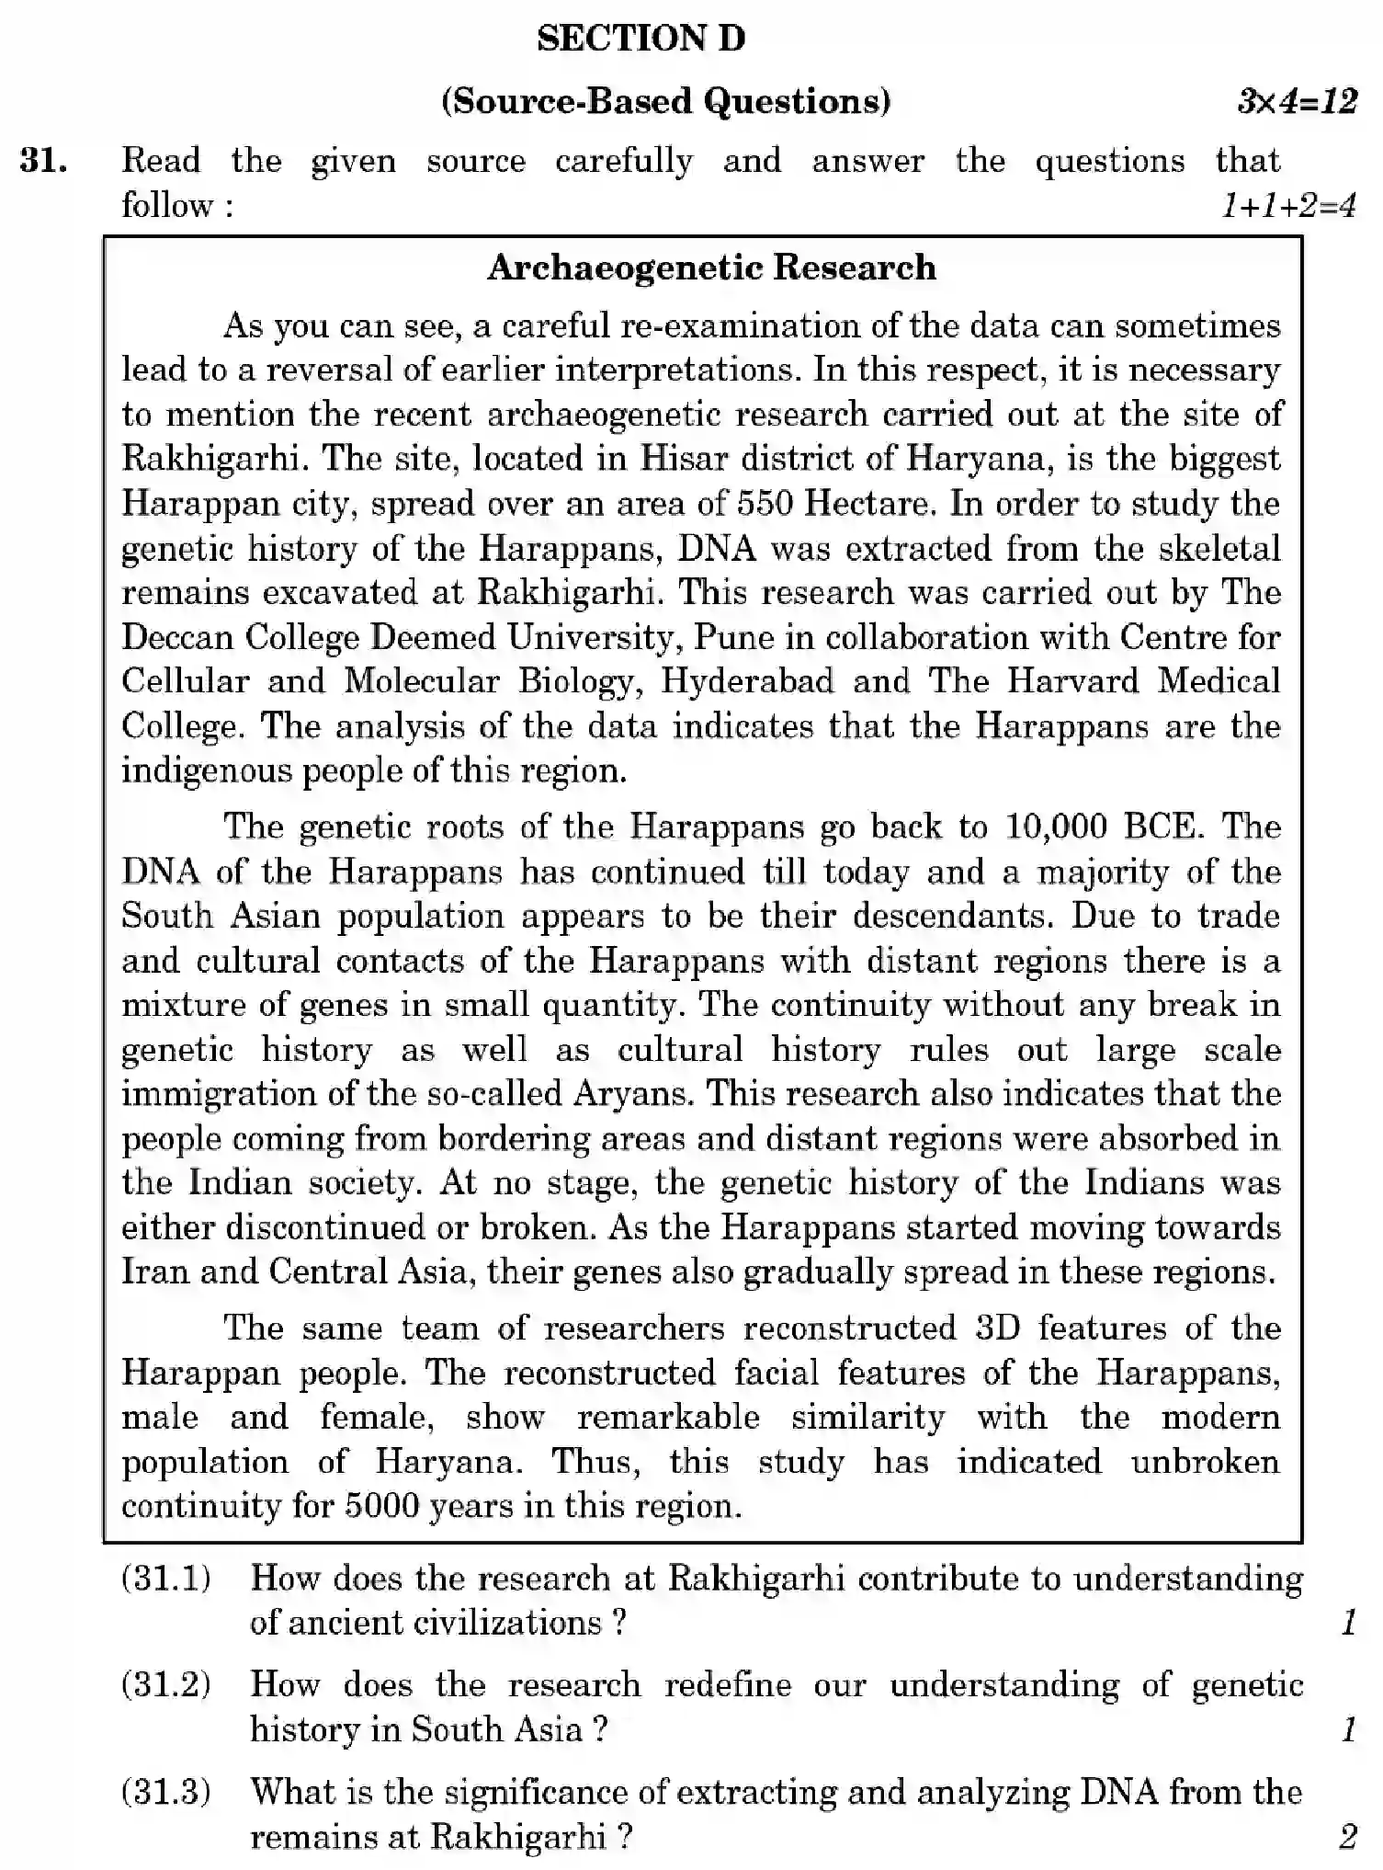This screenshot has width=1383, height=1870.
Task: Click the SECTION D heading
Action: click(640, 39)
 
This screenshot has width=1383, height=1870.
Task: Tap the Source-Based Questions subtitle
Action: click(666, 100)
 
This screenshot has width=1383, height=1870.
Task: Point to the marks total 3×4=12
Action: click(1297, 101)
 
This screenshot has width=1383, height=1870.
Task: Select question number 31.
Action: click(43, 161)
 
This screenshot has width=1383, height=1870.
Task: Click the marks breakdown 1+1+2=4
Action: click(1288, 206)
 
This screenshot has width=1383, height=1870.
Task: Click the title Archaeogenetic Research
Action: click(711, 268)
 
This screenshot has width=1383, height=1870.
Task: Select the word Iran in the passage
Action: click(155, 1271)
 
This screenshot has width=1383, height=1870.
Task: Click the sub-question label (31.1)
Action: click(166, 1579)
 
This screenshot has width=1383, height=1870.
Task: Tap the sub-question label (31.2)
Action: click(166, 1684)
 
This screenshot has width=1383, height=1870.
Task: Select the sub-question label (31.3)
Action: click(166, 1792)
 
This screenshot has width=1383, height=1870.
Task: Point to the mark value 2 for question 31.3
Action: click(1347, 1837)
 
